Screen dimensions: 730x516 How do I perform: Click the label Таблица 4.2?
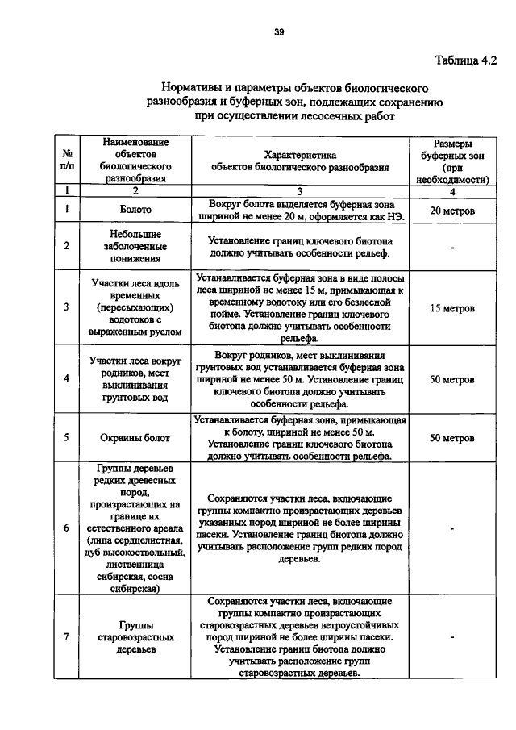tap(466, 60)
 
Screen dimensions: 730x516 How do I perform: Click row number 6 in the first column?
tap(66, 528)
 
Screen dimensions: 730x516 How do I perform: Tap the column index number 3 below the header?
tap(299, 191)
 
